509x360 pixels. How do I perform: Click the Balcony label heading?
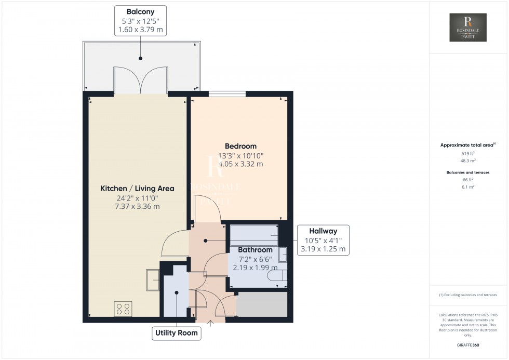(140, 11)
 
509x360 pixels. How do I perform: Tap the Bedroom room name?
(240, 146)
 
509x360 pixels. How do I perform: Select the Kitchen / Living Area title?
(137, 188)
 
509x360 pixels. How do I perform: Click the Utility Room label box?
(176, 333)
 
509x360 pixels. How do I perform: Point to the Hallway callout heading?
(323, 231)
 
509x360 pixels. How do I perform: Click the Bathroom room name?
(255, 250)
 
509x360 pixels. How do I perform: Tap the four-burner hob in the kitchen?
(123, 309)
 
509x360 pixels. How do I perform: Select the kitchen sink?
(153, 280)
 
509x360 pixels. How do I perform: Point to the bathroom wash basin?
(283, 255)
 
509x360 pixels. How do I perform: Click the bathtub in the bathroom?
(254, 235)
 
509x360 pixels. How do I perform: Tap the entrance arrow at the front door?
(210, 323)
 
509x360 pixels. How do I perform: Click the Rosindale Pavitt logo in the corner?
(468, 27)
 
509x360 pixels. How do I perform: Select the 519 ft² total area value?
(468, 154)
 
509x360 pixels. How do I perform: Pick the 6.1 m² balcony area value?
(468, 187)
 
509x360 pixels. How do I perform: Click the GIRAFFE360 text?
(468, 345)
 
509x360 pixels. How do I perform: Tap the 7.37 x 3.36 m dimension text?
(137, 206)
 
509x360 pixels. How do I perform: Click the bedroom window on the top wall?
(227, 94)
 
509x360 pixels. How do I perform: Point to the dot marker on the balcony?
(141, 58)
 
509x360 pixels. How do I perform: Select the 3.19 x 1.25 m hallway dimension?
(323, 249)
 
